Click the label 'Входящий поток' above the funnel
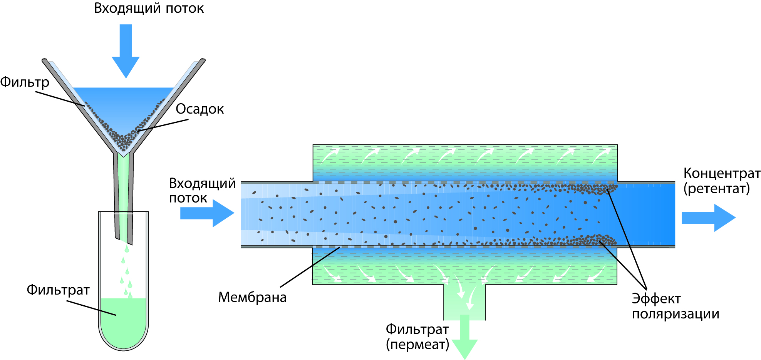tap(149, 8)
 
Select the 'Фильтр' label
tap(25, 82)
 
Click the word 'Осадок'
tap(199, 109)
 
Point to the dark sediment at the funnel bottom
tap(123, 141)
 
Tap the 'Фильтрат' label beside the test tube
tap(58, 290)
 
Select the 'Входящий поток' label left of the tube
tap(202, 190)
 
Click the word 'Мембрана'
tap(252, 297)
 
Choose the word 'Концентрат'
tap(722, 173)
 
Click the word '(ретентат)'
tap(716, 189)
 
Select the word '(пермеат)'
tap(417, 344)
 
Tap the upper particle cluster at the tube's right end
tap(593, 189)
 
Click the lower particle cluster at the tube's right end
tap(593, 240)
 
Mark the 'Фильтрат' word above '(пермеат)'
tap(417, 329)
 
